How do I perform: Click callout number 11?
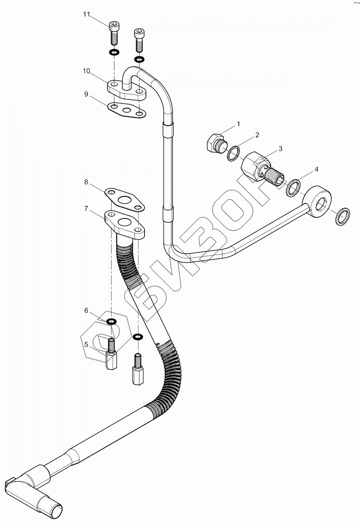[86, 14]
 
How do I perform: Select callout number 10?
[86, 71]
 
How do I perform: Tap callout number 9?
[86, 94]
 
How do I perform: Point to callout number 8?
[86, 182]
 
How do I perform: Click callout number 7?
[86, 208]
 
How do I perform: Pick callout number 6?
[86, 311]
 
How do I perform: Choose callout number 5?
[86, 345]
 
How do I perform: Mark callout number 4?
[316, 169]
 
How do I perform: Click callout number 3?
[280, 148]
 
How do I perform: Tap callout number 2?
[257, 135]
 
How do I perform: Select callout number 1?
[238, 124]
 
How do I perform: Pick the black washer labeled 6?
[112, 320]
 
